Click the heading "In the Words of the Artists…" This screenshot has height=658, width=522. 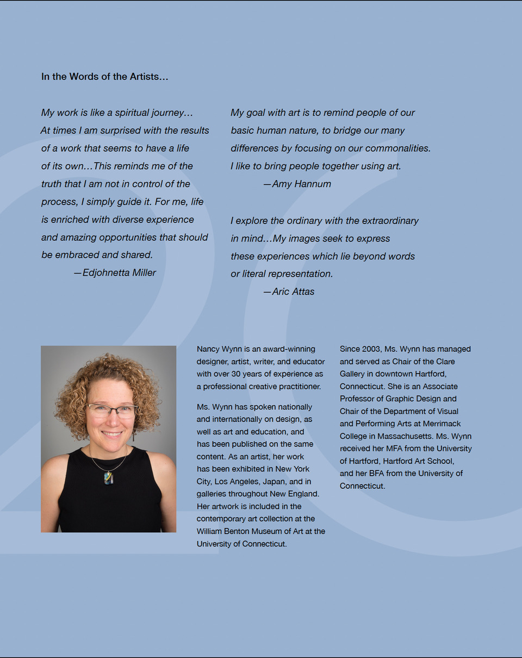point(105,77)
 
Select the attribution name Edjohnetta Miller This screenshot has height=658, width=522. point(119,272)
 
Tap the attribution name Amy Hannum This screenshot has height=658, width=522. point(301,184)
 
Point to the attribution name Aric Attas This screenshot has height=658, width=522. point(293,291)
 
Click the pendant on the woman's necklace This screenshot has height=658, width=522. point(109,477)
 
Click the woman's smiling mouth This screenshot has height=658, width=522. point(112,434)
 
